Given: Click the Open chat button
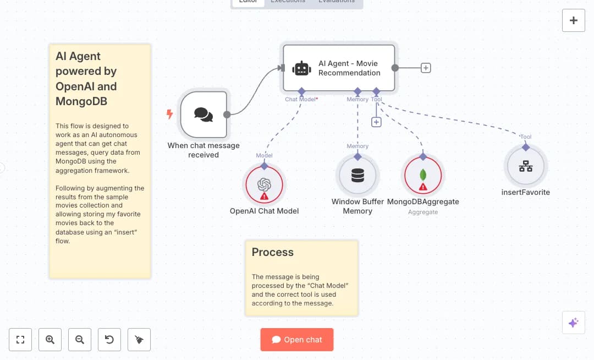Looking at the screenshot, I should pos(297,340).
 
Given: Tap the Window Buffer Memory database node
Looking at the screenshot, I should pos(358,176).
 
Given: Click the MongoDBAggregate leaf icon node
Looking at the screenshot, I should pos(423,176).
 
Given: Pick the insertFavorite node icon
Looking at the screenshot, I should pos(526,166).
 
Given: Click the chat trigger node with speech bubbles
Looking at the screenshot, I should pos(204,114).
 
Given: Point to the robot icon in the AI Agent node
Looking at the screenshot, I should pos(302,68).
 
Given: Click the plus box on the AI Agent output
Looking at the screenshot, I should pos(426,68).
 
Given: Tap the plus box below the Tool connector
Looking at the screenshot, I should pos(376,122).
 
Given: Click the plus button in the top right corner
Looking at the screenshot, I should pos(574,20).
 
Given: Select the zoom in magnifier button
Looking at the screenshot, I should pos(50,340).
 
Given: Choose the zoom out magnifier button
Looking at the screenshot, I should pos(80,340).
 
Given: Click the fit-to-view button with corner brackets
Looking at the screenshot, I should pos(20,340).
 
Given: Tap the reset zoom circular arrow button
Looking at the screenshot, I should pos(109,340).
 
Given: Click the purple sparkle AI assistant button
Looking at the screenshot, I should pos(573,323).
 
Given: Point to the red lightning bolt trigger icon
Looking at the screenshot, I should pos(169,114).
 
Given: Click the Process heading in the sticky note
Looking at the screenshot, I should pos(273,253).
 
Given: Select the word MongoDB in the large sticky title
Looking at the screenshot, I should pos(81,101).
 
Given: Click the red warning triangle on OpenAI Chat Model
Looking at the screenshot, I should pos(264,196).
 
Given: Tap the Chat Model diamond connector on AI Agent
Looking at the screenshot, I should pos(301,91).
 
